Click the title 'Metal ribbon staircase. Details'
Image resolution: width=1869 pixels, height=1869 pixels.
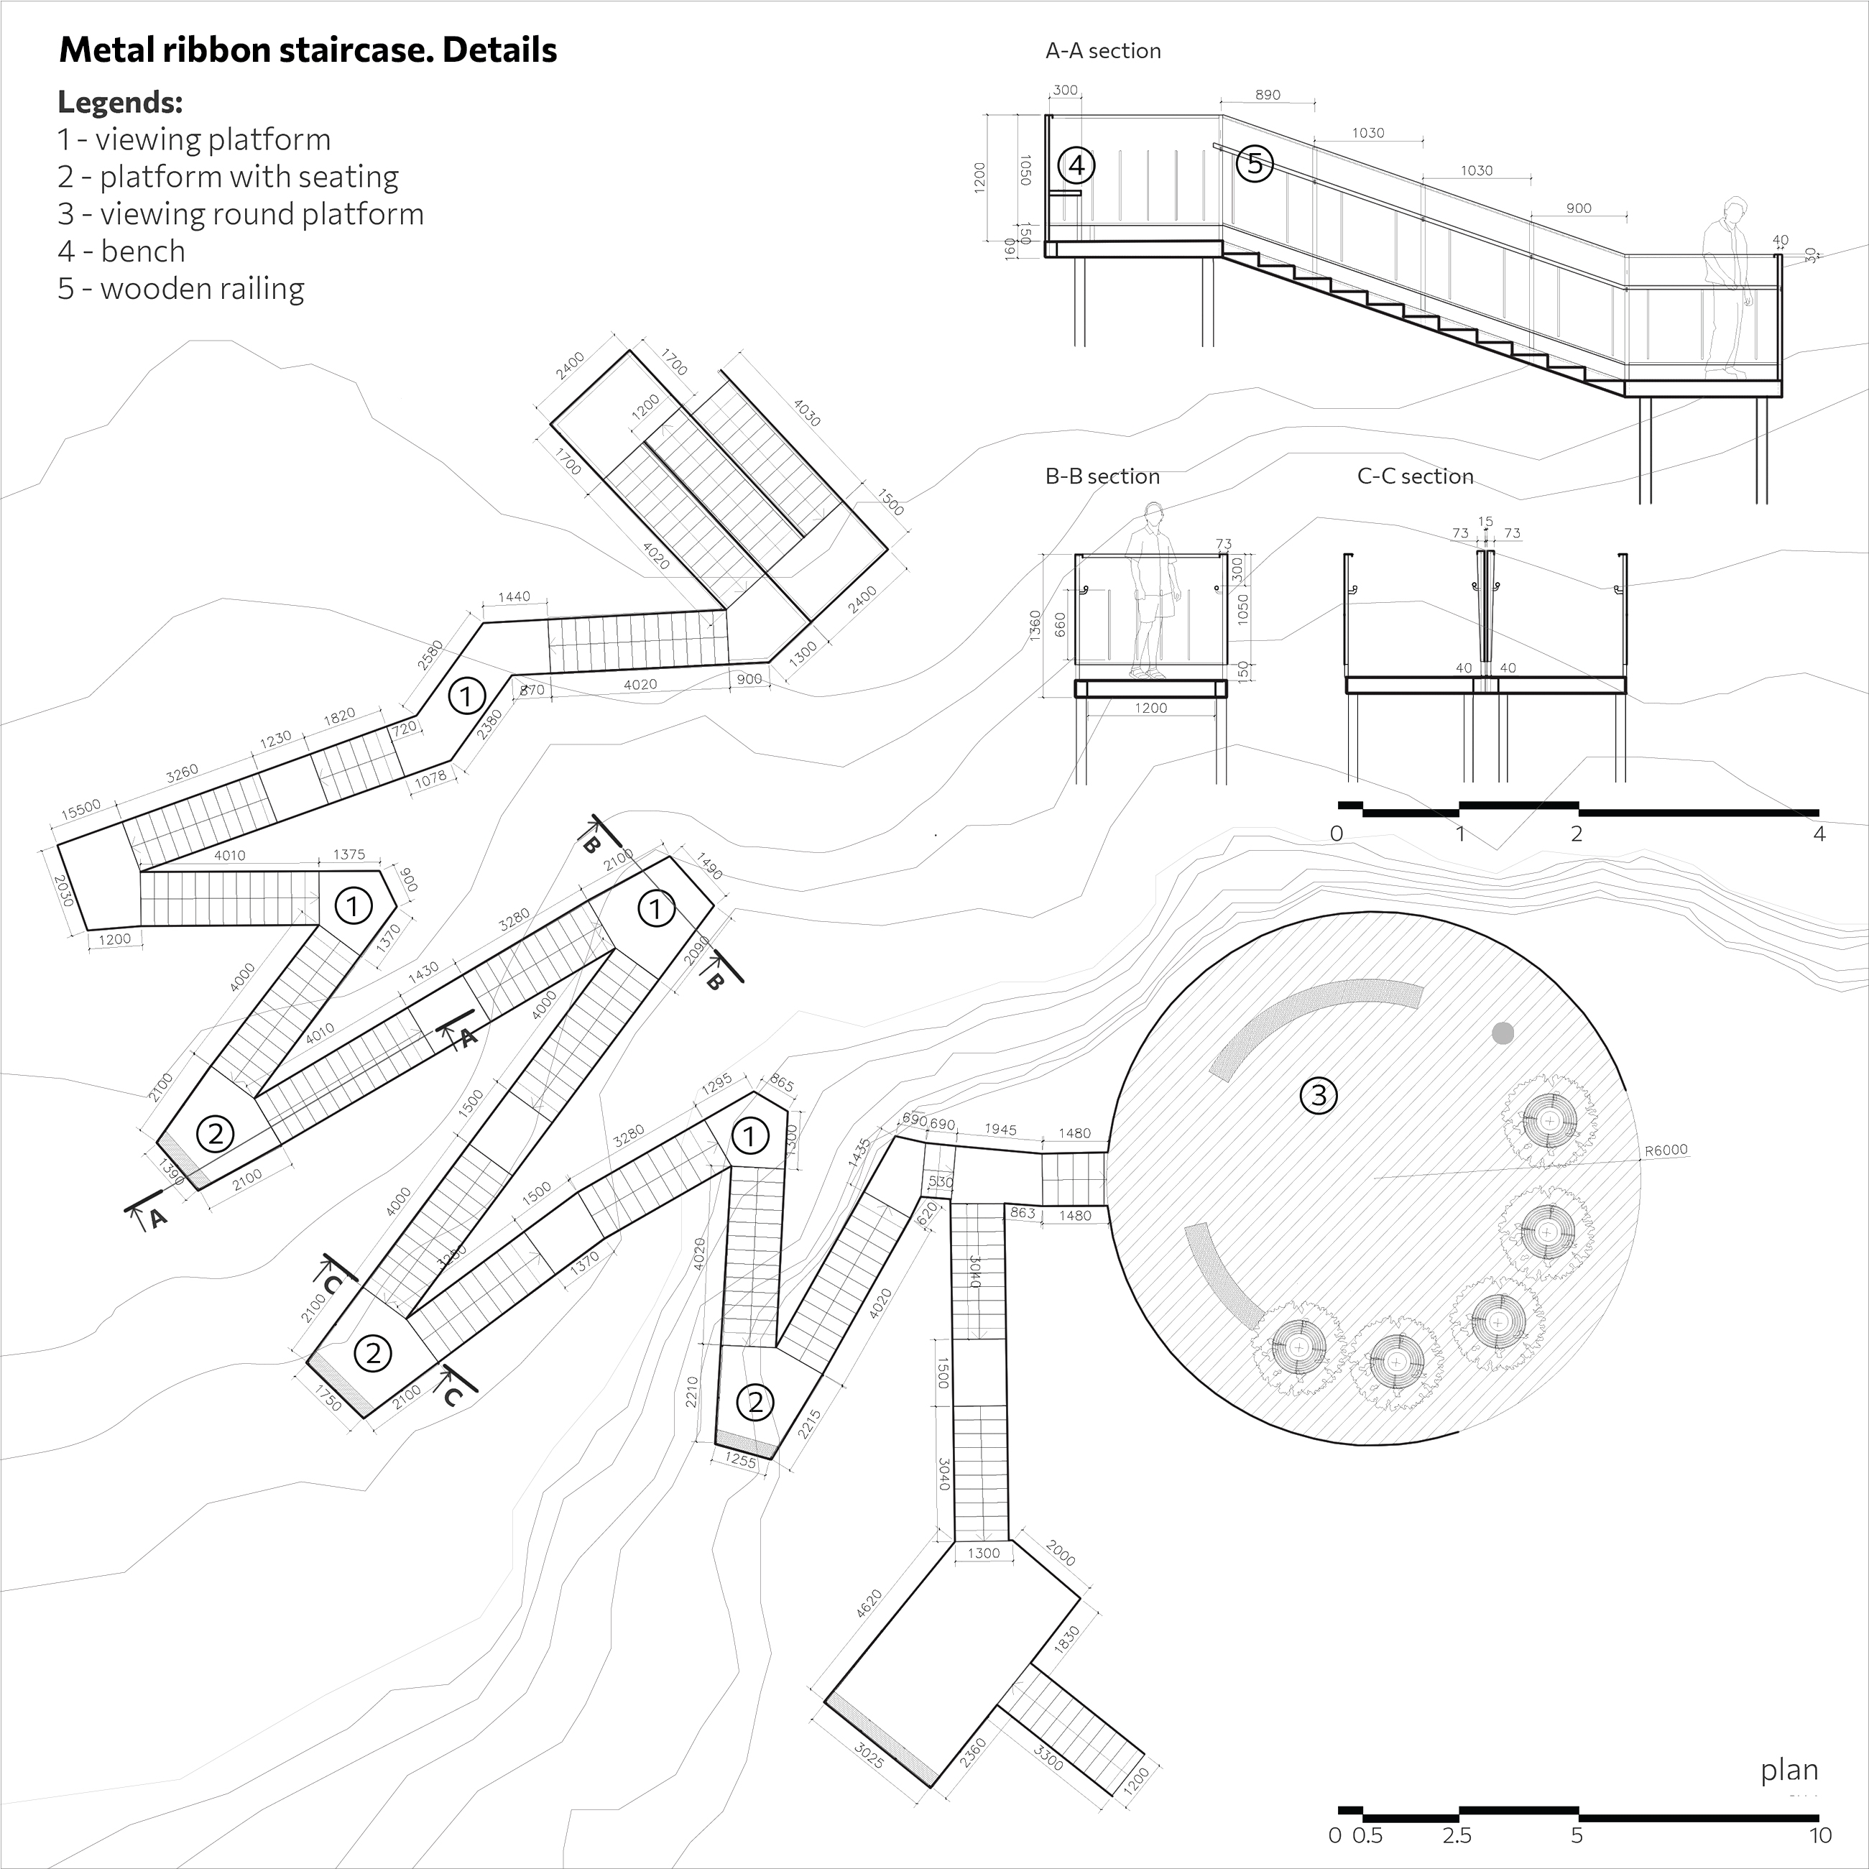tap(308, 50)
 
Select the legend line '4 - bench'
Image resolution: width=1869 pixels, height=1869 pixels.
tap(121, 251)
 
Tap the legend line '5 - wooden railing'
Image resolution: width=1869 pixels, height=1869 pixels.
tap(181, 288)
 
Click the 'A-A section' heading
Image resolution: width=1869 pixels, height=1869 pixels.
tap(1103, 51)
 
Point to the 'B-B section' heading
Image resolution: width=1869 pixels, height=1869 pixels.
tap(1102, 476)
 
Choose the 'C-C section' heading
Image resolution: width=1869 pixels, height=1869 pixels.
tap(1416, 476)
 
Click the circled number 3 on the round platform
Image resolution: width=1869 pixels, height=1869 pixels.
tap(1318, 1095)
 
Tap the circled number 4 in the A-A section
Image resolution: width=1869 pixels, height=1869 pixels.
tap(1076, 165)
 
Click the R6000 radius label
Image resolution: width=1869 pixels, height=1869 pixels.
tap(1666, 1150)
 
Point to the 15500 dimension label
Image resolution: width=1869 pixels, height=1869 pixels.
tap(80, 810)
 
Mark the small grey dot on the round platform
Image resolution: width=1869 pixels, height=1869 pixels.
tap(1503, 1033)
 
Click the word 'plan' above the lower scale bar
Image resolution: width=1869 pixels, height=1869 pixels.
tap(1789, 1769)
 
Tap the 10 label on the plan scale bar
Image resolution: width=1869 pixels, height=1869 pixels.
tap(1819, 1835)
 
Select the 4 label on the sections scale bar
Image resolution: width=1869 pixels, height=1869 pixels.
tap(1819, 834)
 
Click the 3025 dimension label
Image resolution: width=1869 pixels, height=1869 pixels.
tap(869, 1755)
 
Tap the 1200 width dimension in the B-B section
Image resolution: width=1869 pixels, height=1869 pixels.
tap(1150, 708)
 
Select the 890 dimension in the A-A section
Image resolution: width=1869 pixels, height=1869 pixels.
tap(1268, 95)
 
